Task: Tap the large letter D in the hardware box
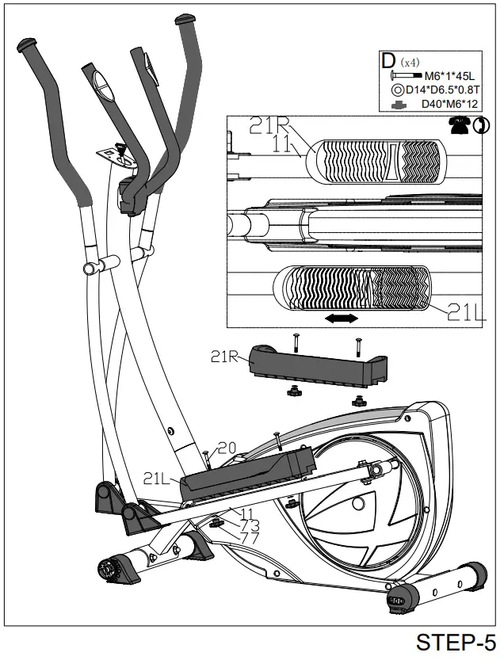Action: click(x=388, y=60)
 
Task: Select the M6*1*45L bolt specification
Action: click(x=445, y=76)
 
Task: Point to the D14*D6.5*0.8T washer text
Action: click(x=445, y=90)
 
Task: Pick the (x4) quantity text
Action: click(x=410, y=62)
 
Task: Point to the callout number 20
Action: click(x=227, y=448)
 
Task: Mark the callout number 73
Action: click(x=250, y=525)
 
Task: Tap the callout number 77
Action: click(x=250, y=539)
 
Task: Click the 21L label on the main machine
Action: click(x=160, y=478)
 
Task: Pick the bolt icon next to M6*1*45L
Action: click(x=396, y=76)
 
